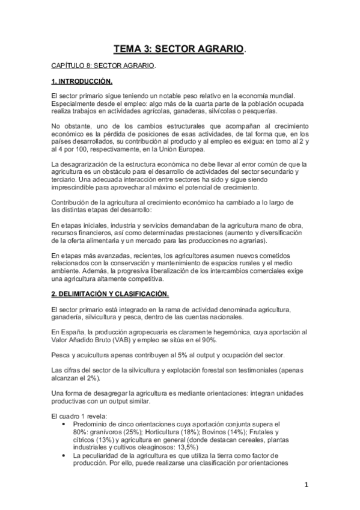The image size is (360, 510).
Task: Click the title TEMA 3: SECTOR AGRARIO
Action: tap(180, 48)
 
